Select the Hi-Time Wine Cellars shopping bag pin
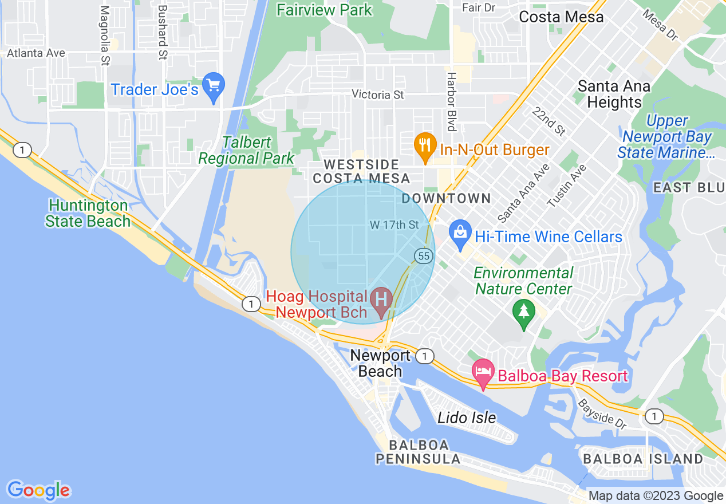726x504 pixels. click(x=460, y=234)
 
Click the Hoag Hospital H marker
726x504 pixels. click(x=381, y=300)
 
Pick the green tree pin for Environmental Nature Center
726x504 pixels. click(x=523, y=313)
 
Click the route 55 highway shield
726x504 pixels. click(x=424, y=256)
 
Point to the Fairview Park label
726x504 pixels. click(x=324, y=10)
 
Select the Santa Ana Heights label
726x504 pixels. click(x=614, y=94)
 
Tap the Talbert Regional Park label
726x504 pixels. click(x=247, y=150)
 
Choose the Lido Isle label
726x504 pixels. click(x=467, y=418)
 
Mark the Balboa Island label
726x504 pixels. click(x=642, y=459)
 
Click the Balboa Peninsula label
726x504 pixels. click(x=418, y=452)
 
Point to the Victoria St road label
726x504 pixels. click(x=378, y=94)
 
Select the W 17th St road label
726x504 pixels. click(x=394, y=225)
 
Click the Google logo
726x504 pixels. click(x=39, y=490)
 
